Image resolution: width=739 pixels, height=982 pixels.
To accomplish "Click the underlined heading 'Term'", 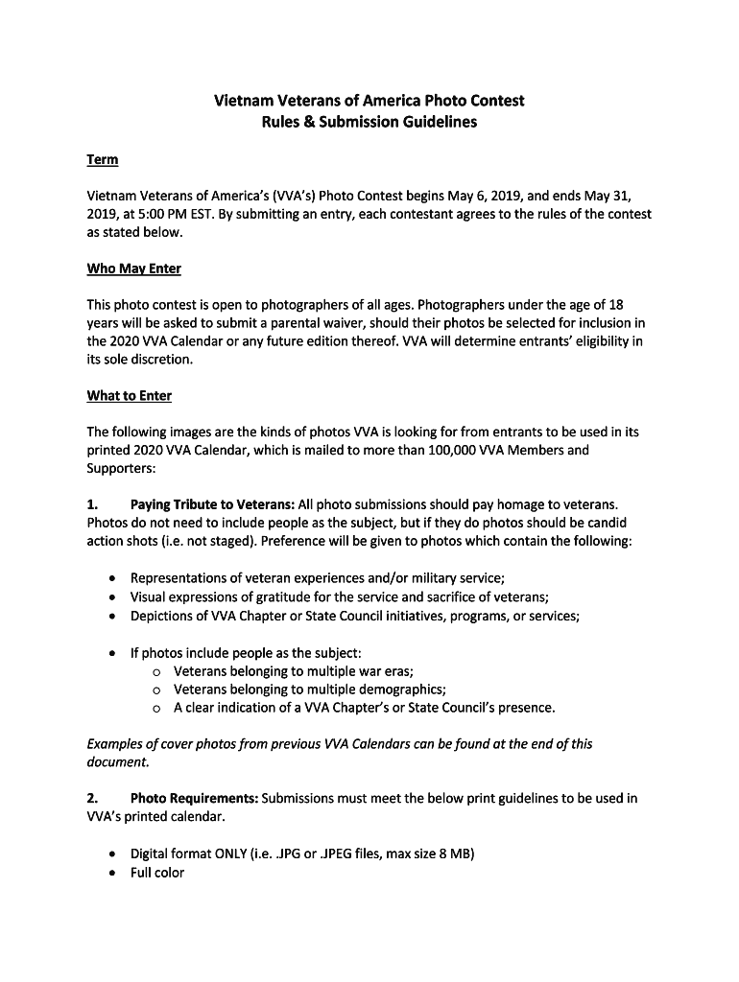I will [x=102, y=159].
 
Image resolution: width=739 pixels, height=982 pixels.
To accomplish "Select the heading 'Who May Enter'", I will [x=133, y=269].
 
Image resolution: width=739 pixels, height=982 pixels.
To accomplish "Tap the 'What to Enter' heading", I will [x=130, y=395].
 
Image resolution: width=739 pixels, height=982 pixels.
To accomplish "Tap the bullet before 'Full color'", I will [x=114, y=873].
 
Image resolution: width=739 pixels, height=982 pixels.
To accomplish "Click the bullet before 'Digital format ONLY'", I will [x=114, y=853].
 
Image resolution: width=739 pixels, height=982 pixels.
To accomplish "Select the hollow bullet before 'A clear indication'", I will [x=157, y=709].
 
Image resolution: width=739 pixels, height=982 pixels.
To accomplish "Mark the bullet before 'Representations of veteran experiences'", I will [x=114, y=578].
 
